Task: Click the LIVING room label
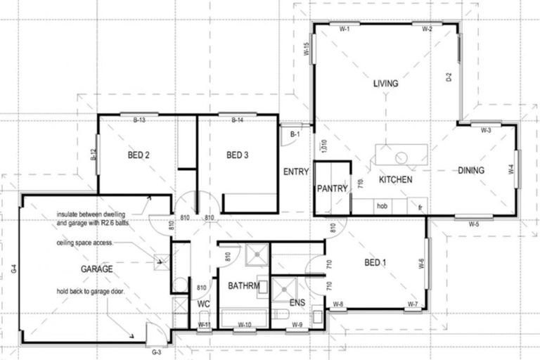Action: [385, 84]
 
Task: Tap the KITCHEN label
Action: [395, 181]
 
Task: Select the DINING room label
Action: [471, 170]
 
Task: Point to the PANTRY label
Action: [329, 188]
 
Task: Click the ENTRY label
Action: [296, 172]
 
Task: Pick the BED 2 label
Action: [139, 155]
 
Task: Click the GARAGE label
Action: [96, 269]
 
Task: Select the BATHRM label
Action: [244, 286]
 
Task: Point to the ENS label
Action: [297, 303]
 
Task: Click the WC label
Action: [204, 304]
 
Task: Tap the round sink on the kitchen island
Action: [403, 157]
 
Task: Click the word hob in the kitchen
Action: [382, 207]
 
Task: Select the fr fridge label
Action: [419, 207]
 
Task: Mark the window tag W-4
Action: [511, 169]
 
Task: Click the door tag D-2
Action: [449, 77]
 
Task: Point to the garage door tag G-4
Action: [13, 268]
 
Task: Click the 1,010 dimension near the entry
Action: [324, 146]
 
